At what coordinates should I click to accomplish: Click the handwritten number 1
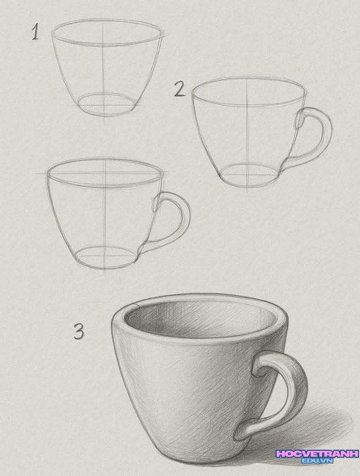(x=36, y=32)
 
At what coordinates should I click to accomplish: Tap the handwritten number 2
(x=179, y=90)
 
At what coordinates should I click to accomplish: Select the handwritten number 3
(x=79, y=331)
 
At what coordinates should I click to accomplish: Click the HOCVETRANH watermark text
(x=317, y=454)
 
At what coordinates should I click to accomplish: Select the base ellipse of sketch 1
(x=106, y=104)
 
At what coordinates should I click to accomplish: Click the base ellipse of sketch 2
(x=249, y=175)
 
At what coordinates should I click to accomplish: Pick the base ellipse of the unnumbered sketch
(x=105, y=258)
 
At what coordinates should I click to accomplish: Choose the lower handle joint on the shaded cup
(x=242, y=431)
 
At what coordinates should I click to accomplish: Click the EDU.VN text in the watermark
(x=317, y=461)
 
